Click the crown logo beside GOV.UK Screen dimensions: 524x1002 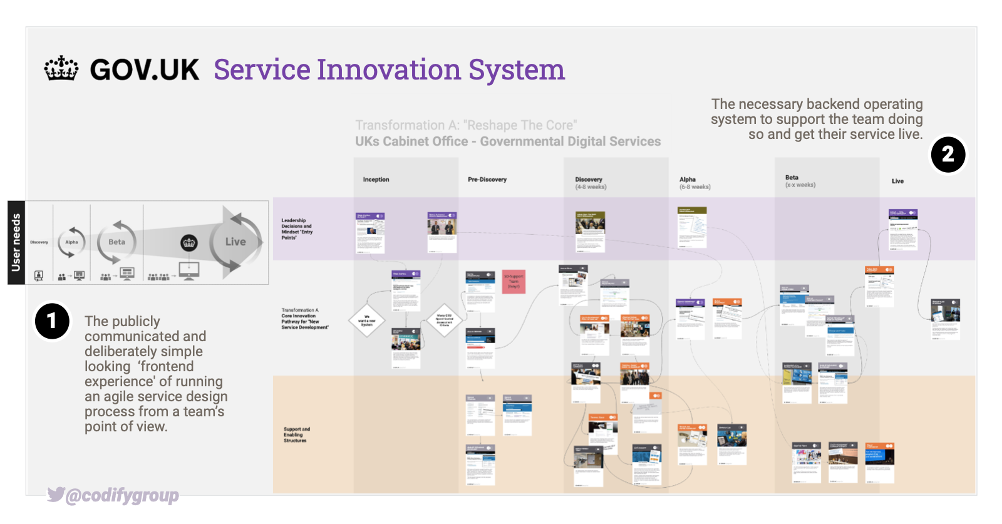[x=61, y=69]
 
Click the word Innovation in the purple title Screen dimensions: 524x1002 [x=389, y=69]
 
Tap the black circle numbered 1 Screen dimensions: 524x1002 [x=52, y=321]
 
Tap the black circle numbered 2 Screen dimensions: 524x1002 [x=948, y=154]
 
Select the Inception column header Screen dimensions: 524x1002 [x=376, y=180]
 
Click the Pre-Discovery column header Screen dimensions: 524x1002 [x=487, y=180]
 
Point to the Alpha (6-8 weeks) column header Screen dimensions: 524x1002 [x=694, y=183]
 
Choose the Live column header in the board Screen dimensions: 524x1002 [x=897, y=181]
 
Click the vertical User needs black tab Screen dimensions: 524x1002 [x=16, y=242]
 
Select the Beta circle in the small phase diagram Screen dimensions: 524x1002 [x=117, y=242]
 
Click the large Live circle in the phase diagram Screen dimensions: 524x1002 [x=235, y=242]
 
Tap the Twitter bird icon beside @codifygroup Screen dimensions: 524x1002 [x=56, y=495]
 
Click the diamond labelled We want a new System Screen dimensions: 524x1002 [x=367, y=321]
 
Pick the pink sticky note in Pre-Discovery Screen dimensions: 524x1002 [x=514, y=281]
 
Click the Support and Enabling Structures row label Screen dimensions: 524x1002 [x=296, y=435]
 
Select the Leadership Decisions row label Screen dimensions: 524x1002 [x=296, y=229]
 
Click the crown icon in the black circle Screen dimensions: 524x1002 [x=189, y=243]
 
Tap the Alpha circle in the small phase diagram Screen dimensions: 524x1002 [x=72, y=242]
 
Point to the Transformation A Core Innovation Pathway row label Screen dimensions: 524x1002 [x=304, y=319]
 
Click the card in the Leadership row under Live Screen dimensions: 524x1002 [x=902, y=230]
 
